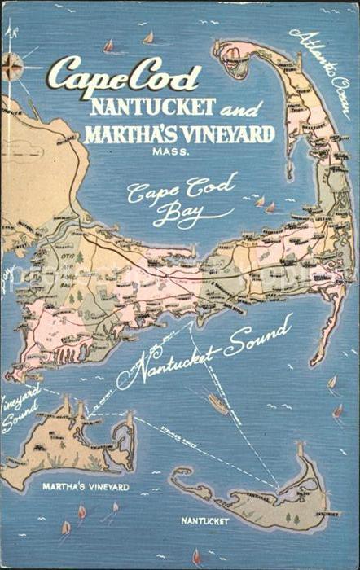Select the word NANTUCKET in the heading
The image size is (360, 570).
click(153, 106)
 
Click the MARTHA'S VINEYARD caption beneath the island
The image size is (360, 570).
click(86, 486)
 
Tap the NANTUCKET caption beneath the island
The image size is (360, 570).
click(205, 520)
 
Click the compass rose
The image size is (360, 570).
click(13, 65)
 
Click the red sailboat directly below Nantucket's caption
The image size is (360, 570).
click(196, 556)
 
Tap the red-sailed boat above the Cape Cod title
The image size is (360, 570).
click(108, 46)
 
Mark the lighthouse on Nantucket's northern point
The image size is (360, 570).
click(299, 450)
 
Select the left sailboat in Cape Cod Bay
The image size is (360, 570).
click(259, 201)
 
